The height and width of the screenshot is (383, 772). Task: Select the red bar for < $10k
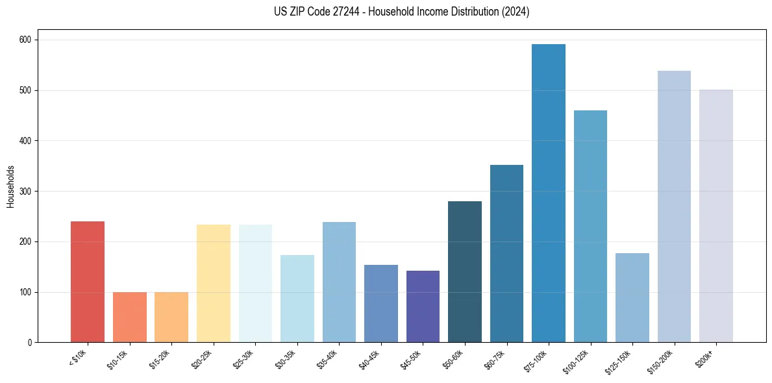point(88,282)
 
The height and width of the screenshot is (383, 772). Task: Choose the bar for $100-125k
point(590,227)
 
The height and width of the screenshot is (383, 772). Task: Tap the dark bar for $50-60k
point(464,272)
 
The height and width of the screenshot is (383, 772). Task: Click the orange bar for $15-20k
point(171,317)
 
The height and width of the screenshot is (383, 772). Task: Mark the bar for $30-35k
point(297,299)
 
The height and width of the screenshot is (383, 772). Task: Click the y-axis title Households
point(10,186)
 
